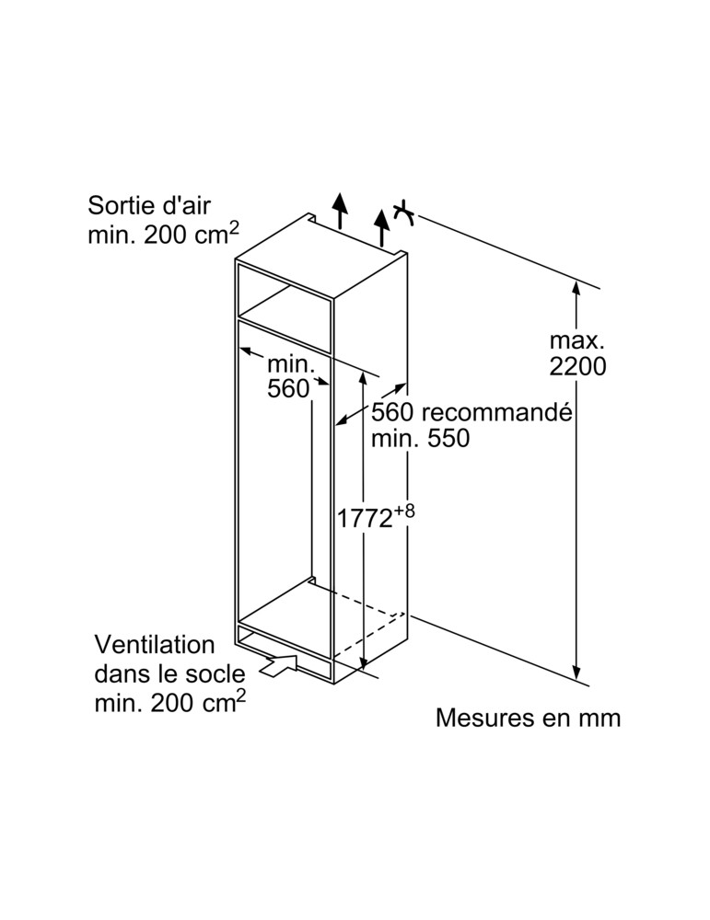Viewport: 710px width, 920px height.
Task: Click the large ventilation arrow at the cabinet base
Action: click(x=281, y=665)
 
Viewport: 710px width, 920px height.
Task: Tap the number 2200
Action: click(x=577, y=366)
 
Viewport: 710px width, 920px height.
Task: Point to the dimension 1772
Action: click(x=364, y=518)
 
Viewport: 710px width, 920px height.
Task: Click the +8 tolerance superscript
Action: click(x=405, y=510)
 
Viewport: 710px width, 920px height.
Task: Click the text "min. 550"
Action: click(x=420, y=439)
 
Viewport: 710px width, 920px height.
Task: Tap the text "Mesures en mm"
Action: click(x=528, y=718)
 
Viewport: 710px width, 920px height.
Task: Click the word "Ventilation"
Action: click(x=155, y=644)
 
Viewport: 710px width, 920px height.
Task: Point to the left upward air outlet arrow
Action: click(x=340, y=211)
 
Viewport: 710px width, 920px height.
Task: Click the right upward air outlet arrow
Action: click(x=381, y=224)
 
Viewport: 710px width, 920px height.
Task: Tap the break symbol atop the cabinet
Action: click(x=403, y=213)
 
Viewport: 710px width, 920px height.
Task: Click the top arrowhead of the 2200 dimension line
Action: click(x=576, y=288)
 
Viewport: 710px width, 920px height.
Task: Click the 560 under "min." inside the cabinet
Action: click(x=288, y=389)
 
